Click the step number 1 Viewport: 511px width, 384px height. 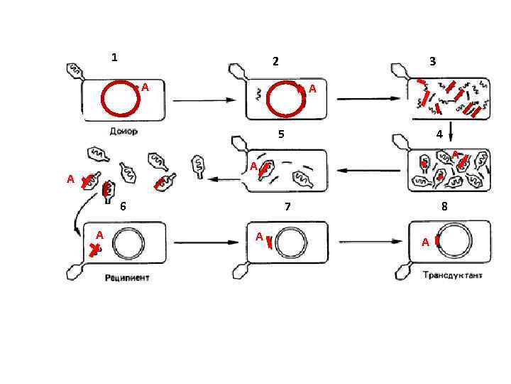pos(115,57)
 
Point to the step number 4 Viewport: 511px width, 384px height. pos(439,134)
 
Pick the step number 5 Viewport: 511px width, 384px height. pos(281,134)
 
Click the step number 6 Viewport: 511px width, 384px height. pos(123,206)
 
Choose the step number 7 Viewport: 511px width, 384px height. pos(287,207)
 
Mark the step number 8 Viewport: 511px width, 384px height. pos(444,207)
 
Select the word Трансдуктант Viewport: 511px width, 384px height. pos(451,275)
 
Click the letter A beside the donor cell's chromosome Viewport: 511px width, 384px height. pos(145,87)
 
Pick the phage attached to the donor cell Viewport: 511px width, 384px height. pos(74,70)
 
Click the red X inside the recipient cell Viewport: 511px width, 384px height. pos(94,249)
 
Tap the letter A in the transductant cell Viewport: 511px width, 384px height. pos(424,242)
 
